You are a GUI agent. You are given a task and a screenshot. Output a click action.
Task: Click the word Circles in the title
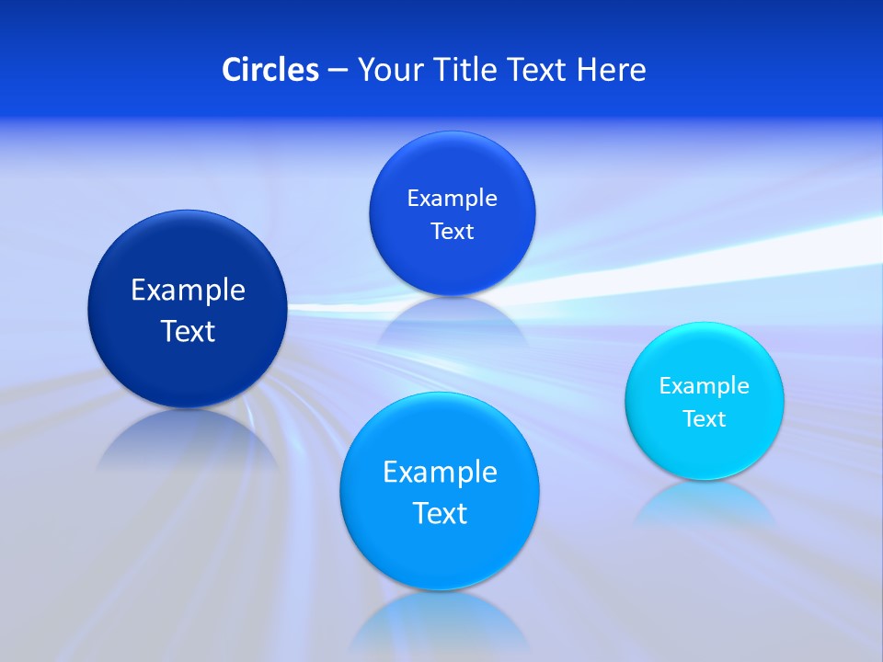click(x=270, y=70)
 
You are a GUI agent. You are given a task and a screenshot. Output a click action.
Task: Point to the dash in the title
click(x=338, y=71)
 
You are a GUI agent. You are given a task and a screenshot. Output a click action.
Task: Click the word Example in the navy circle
click(x=188, y=291)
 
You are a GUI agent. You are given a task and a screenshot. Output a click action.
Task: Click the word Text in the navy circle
click(x=188, y=331)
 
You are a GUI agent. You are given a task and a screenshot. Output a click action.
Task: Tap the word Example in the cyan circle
click(x=705, y=386)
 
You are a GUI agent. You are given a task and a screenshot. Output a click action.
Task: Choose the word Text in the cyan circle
click(x=705, y=419)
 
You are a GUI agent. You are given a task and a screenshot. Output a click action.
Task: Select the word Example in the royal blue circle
click(x=453, y=199)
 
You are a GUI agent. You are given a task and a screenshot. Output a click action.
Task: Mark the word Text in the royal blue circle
click(x=453, y=232)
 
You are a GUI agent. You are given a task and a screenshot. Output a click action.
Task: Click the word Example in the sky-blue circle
click(x=440, y=473)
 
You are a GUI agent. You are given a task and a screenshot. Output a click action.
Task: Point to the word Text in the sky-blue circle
click(x=440, y=513)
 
